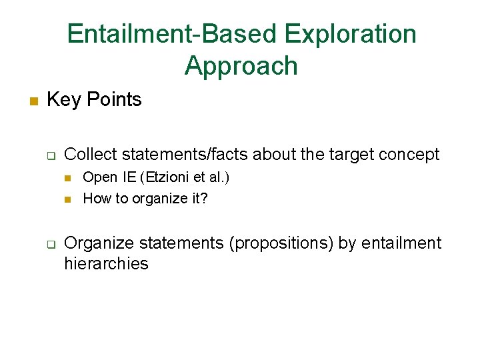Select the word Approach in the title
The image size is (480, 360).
[241, 66]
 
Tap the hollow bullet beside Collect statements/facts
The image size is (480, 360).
[51, 157]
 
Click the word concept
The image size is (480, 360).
[409, 155]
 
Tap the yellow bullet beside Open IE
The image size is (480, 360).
[67, 179]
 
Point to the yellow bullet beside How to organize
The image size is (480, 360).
[67, 199]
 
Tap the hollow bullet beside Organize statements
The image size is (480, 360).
[51, 245]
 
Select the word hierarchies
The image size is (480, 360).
[106, 263]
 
